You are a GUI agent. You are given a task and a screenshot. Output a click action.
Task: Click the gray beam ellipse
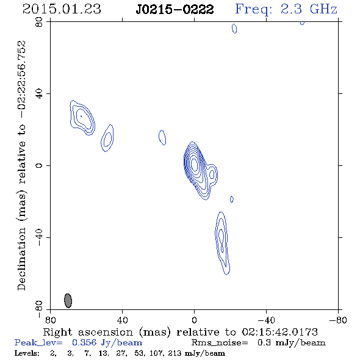(68, 301)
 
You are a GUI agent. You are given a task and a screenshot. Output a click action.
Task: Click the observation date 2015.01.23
(62, 9)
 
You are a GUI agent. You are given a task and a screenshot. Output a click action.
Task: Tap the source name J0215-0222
(175, 9)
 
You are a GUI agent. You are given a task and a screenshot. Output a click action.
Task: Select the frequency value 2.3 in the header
(291, 9)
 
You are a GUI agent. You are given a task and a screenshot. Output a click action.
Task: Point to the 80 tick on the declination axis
(39, 22)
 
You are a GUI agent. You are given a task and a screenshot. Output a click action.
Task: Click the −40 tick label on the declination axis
(39, 237)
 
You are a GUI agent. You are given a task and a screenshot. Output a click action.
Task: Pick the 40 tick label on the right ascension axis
(122, 320)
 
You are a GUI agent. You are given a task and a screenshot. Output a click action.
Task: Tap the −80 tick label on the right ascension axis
(338, 320)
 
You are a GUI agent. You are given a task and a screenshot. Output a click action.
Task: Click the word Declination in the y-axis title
(21, 259)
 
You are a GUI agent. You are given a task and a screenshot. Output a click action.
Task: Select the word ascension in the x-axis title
(106, 332)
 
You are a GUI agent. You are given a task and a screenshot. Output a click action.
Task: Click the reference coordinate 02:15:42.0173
(280, 332)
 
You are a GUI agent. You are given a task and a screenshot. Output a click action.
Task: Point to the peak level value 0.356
(84, 342)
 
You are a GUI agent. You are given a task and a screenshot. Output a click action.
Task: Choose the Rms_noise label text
(220, 343)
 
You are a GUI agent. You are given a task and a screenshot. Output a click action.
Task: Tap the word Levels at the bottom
(27, 353)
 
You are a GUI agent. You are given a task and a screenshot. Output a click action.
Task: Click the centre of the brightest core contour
(194, 164)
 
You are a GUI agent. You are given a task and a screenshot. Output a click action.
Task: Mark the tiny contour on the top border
(302, 23)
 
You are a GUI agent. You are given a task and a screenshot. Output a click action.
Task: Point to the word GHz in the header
(323, 9)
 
